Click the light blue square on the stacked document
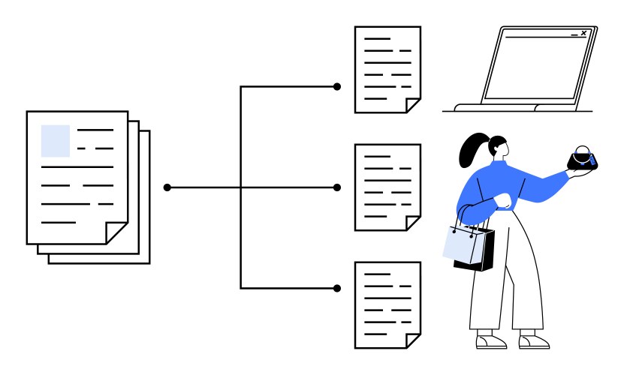pos(55,140)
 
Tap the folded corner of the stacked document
pos(116,232)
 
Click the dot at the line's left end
pos(167,187)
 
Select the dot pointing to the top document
pos(337,87)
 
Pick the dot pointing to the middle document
pos(337,187)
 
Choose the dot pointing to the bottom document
pos(337,287)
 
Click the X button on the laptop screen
pos(583,34)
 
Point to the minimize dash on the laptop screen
pos(574,35)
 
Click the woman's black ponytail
pos(473,150)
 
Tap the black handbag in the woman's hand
pos(582,159)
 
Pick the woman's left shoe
pos(490,341)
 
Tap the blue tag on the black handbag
pos(592,158)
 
